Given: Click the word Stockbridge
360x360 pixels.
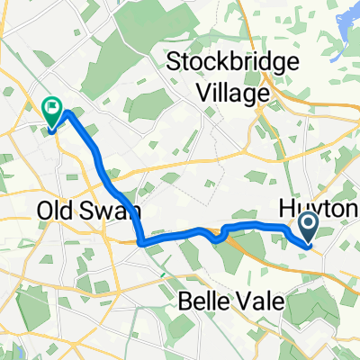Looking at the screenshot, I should [221, 64].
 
